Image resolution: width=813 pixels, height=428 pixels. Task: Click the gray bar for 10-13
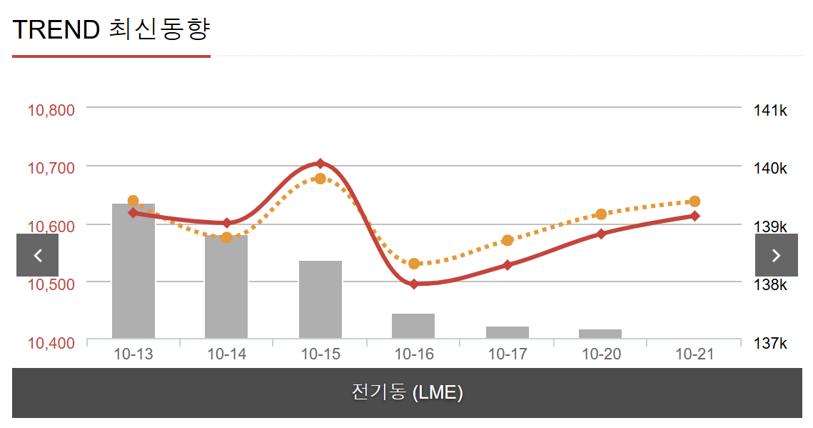click(133, 272)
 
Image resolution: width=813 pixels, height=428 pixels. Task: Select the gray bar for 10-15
click(320, 300)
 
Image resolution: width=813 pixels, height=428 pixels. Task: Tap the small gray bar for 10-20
click(600, 334)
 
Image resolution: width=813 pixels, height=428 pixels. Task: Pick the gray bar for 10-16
click(413, 326)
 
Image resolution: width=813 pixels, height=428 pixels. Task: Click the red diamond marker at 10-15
click(320, 164)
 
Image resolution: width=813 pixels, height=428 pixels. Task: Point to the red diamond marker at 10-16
click(414, 284)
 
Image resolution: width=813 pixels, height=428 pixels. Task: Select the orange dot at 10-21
click(695, 201)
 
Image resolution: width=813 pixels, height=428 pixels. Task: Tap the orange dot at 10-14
click(227, 237)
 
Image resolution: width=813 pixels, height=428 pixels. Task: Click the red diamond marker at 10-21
click(695, 216)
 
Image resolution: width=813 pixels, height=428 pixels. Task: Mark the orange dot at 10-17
click(508, 240)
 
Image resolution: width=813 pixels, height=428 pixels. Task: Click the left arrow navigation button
click(38, 255)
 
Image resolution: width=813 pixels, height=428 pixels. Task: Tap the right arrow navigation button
click(777, 255)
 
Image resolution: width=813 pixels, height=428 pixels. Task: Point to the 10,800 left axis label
click(51, 110)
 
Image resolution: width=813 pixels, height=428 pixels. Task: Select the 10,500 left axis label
click(51, 284)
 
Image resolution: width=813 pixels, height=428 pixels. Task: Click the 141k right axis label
click(770, 110)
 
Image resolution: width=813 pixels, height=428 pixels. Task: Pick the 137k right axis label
click(770, 344)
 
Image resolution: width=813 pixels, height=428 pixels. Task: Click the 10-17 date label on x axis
click(508, 354)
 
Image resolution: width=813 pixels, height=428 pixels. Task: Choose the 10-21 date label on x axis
click(695, 354)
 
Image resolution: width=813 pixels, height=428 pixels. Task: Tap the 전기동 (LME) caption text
click(407, 392)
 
